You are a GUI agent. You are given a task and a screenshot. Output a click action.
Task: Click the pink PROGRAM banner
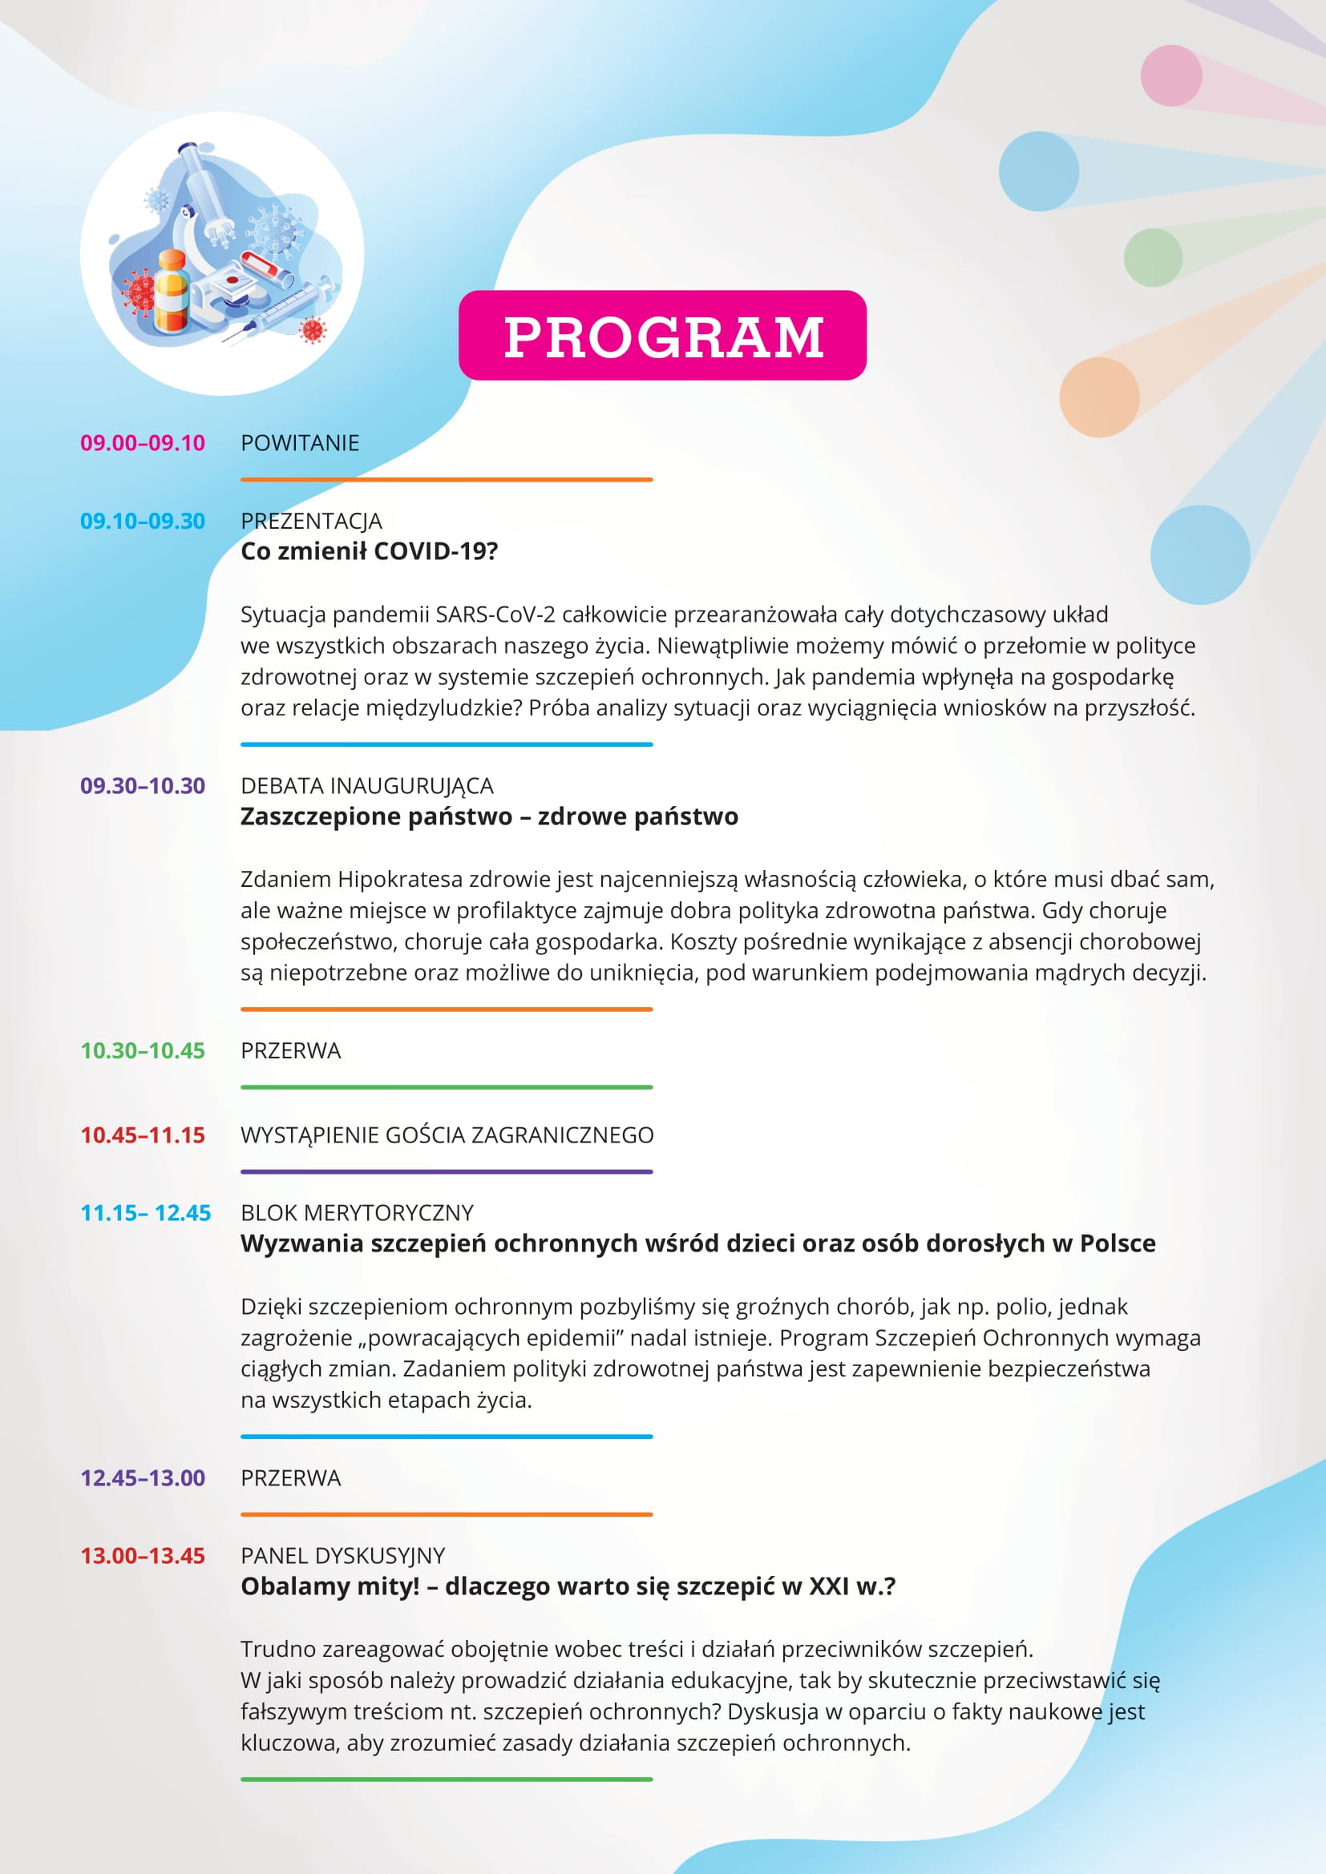click(x=662, y=336)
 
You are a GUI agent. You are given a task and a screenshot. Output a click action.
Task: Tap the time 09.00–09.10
click(x=142, y=443)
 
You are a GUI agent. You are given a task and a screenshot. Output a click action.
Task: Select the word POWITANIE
click(x=300, y=443)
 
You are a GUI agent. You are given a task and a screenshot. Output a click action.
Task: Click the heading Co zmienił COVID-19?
click(x=369, y=552)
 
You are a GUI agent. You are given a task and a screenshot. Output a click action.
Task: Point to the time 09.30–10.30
click(x=142, y=786)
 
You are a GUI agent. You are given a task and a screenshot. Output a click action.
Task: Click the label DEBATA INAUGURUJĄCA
click(x=366, y=786)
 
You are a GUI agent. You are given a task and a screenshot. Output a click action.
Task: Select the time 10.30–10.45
click(x=142, y=1050)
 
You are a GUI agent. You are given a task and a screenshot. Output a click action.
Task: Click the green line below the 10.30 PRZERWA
click(x=447, y=1087)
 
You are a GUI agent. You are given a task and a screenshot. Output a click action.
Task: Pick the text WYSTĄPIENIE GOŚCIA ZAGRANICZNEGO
click(x=447, y=1135)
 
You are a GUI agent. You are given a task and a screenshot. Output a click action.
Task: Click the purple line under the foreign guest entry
click(x=447, y=1172)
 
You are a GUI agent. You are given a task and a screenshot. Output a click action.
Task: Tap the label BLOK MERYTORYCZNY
click(x=357, y=1213)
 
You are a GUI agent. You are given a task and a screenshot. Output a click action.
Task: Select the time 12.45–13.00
click(x=142, y=1478)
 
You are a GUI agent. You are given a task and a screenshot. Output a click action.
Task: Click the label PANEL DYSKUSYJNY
click(x=343, y=1556)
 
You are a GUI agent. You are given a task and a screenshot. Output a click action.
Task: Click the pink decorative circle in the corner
click(x=1170, y=76)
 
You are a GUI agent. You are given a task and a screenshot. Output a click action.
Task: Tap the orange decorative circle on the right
click(x=1099, y=397)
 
